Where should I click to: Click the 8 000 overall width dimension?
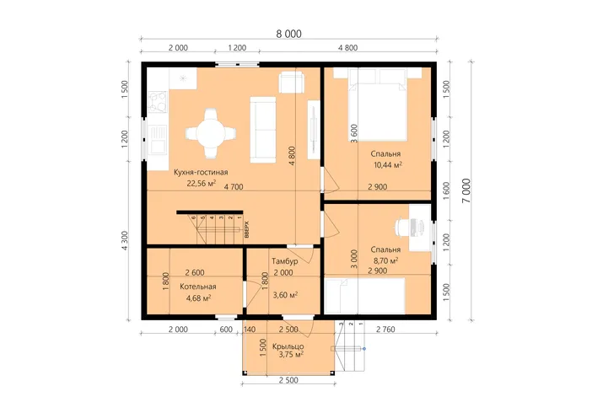coord(288,34)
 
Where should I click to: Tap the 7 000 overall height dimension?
coord(466,191)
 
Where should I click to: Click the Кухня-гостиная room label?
coord(201,173)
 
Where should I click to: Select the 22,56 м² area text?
coord(202,184)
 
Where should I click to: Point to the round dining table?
coord(211,133)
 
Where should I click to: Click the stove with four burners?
coord(158,102)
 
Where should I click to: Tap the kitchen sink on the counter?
coord(158,140)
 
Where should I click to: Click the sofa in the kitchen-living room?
coord(263,130)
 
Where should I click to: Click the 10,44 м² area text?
coord(388,165)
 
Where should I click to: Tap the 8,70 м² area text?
coord(386,260)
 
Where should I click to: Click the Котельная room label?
coord(198,287)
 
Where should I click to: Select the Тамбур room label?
coord(285,261)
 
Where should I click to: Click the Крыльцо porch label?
coord(288,346)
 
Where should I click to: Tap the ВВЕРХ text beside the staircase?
coord(247,229)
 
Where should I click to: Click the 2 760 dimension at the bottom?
coord(385,330)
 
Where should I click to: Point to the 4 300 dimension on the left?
coord(125,240)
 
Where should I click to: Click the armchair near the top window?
coord(291,83)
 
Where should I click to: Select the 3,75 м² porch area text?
coord(291,355)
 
